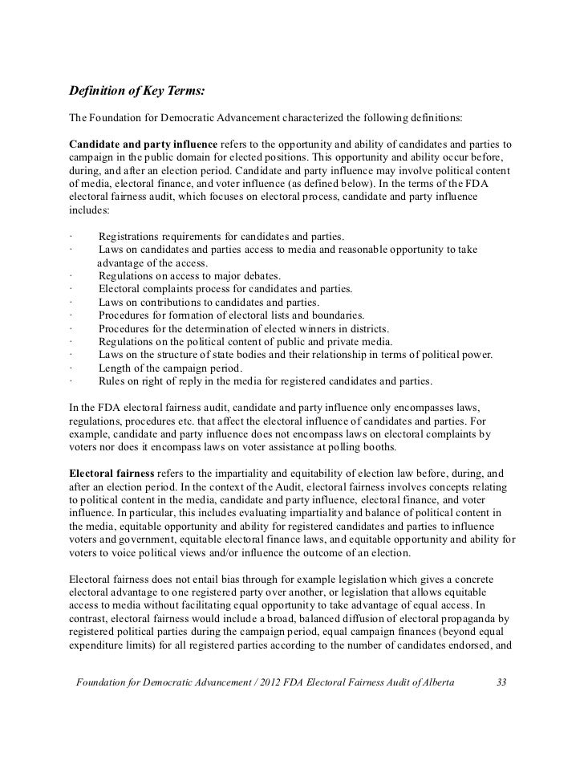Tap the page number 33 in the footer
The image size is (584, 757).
tap(502, 682)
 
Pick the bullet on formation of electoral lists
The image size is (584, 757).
tap(231, 315)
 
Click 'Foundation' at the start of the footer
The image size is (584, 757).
tap(102, 682)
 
